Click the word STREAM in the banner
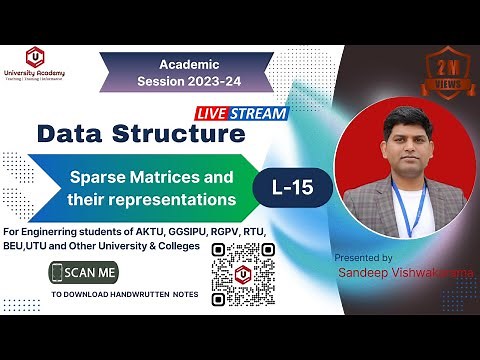[263, 113]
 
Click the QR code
[243, 271]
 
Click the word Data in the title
[74, 133]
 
